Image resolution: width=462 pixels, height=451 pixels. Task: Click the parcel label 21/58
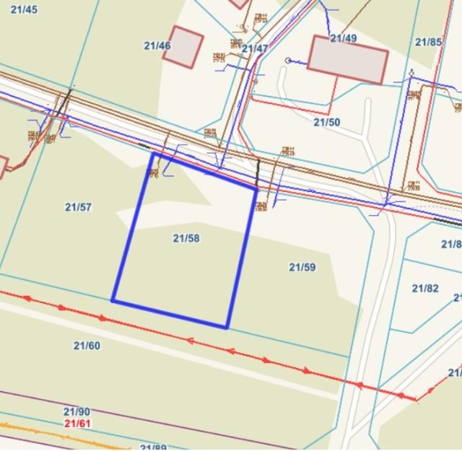[x=186, y=238]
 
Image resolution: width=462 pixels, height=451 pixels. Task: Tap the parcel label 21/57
[x=78, y=207]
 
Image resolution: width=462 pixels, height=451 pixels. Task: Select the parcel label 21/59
[x=302, y=267]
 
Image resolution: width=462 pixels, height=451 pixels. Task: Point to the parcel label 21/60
[x=87, y=346]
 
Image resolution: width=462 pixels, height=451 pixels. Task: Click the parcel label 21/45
[x=25, y=9]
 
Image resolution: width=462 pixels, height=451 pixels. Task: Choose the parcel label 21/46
[x=157, y=45]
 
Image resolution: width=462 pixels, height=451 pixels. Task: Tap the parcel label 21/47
[x=255, y=48]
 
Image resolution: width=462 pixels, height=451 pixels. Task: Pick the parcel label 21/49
[x=344, y=38]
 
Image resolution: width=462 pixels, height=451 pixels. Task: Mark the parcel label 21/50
[x=326, y=122]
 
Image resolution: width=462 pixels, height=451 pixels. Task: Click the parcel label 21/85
[x=429, y=42]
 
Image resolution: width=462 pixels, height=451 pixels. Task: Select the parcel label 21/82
[x=425, y=288]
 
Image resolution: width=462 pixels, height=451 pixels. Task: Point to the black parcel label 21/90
[x=77, y=411]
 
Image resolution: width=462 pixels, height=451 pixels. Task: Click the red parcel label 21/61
[x=77, y=424]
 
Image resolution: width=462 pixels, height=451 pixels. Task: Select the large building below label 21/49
[x=348, y=59]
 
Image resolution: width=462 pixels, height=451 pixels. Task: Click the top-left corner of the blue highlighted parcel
[x=153, y=153]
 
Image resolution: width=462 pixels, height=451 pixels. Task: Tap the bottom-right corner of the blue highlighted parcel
[x=227, y=328]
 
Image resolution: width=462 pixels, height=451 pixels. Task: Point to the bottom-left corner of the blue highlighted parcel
[x=113, y=300]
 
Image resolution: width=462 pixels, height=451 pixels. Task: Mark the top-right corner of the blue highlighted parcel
[x=257, y=189]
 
